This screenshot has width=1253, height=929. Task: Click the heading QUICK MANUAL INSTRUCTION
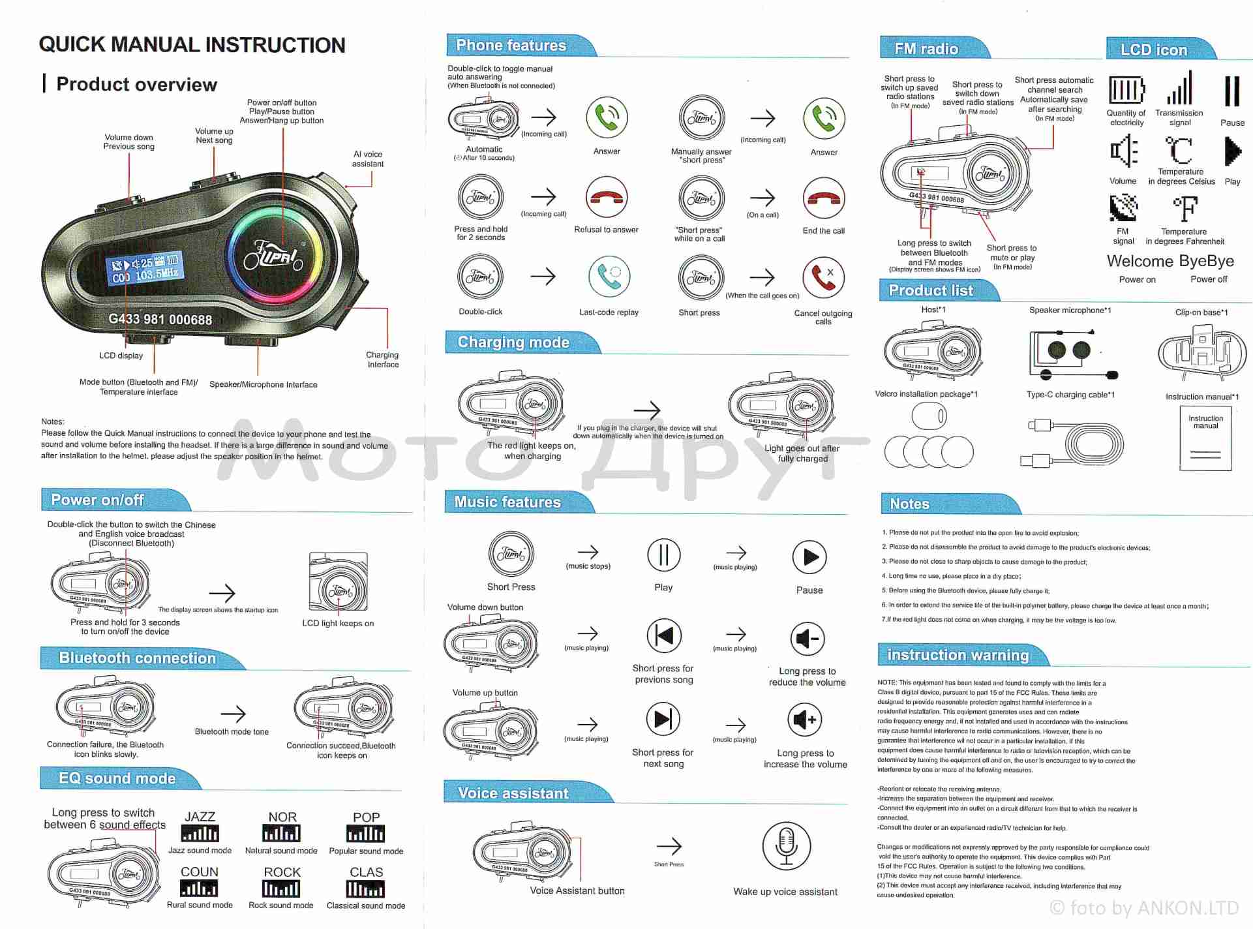[192, 44]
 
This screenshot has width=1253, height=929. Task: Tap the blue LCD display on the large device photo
[145, 268]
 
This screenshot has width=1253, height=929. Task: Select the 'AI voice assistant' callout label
[368, 159]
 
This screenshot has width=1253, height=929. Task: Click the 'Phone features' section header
[511, 46]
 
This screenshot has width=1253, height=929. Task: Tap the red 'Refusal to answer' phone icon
[606, 197]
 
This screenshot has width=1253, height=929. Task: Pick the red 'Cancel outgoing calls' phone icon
[823, 277]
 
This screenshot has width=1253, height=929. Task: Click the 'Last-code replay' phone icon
[609, 277]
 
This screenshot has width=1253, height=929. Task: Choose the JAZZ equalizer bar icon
[200, 833]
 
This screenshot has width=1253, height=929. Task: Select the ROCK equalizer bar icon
[281, 889]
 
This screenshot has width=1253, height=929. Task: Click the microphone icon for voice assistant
[786, 846]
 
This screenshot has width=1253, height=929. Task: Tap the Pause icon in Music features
[809, 557]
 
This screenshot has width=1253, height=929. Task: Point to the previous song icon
[664, 635]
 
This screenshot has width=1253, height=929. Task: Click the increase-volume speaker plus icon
[805, 720]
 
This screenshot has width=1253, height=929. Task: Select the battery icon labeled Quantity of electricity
[1126, 90]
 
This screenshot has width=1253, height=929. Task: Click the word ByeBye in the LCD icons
[1207, 261]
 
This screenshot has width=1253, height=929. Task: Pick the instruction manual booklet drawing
[1205, 438]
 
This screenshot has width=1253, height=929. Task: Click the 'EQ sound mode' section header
[117, 778]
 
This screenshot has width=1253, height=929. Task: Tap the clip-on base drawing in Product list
[1201, 353]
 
